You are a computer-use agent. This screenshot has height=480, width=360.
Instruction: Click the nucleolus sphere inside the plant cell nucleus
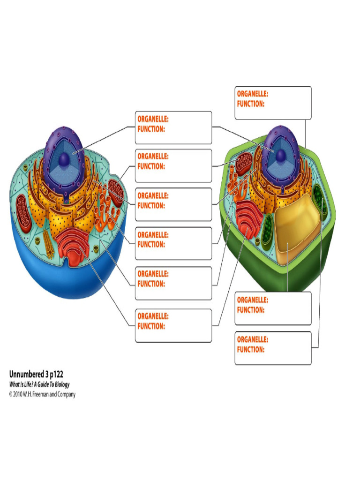point(280,156)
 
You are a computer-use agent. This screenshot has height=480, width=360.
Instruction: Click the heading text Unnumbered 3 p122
point(37,375)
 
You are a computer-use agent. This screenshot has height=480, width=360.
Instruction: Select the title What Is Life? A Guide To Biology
point(39,385)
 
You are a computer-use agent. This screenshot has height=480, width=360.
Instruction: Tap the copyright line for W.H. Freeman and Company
point(42,395)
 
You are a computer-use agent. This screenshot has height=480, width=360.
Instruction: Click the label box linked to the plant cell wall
point(273,103)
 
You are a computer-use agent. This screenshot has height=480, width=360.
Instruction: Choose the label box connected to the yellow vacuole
point(273,308)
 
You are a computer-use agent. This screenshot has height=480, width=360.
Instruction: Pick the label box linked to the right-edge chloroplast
point(273,348)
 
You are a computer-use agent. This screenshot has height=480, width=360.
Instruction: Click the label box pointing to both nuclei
point(173,127)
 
